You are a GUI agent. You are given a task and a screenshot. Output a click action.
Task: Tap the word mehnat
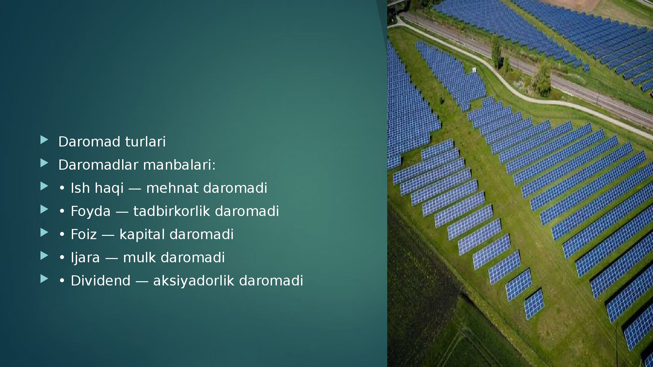172,188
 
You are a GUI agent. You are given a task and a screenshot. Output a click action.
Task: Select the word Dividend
101,281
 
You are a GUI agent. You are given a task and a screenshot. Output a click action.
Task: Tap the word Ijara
85,258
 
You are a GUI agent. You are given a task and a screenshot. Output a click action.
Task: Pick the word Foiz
84,235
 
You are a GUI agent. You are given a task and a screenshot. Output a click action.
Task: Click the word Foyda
90,211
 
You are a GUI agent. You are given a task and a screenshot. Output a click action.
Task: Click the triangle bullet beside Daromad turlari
44,140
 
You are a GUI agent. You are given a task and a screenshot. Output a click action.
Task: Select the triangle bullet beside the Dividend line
44,279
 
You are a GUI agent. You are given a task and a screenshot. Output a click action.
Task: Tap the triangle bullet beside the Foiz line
44,233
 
